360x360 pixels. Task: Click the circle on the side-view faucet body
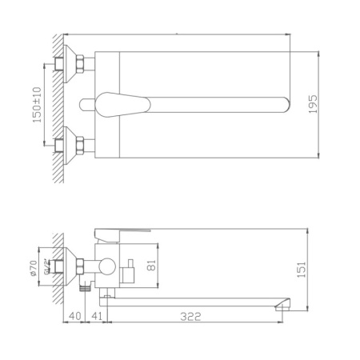click(105, 266)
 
